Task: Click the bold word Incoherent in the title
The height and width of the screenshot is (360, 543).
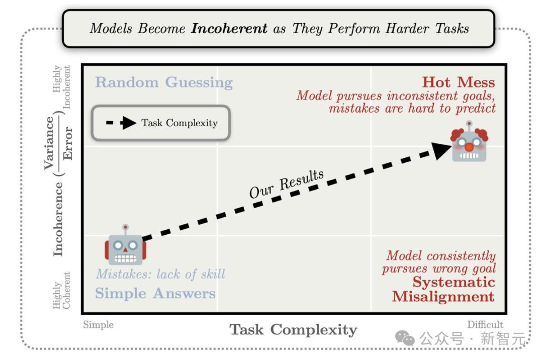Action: [x=229, y=28]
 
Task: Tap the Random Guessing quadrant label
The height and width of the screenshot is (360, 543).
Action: [x=164, y=83]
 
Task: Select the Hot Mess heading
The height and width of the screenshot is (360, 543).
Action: [x=459, y=82]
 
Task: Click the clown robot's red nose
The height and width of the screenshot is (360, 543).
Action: [x=469, y=147]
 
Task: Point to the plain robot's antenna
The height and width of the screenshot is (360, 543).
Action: [x=125, y=230]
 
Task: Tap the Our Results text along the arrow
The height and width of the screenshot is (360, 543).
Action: [x=287, y=184]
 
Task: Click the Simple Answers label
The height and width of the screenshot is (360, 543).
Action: [x=155, y=293]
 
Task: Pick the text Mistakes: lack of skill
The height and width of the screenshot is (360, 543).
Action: [x=161, y=274]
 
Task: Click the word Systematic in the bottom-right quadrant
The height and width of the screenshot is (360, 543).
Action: [x=454, y=282]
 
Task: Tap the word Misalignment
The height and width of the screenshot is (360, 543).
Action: [x=443, y=297]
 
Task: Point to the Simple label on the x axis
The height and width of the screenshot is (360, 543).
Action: [x=99, y=325]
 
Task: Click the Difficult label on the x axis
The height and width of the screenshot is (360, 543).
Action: [x=485, y=325]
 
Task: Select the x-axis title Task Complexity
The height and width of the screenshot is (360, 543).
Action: [x=293, y=329]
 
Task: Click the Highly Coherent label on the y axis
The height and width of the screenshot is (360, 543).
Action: [x=62, y=290]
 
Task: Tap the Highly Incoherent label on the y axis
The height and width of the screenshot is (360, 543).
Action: [x=62, y=86]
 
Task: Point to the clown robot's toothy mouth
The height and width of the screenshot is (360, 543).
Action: [x=469, y=156]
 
